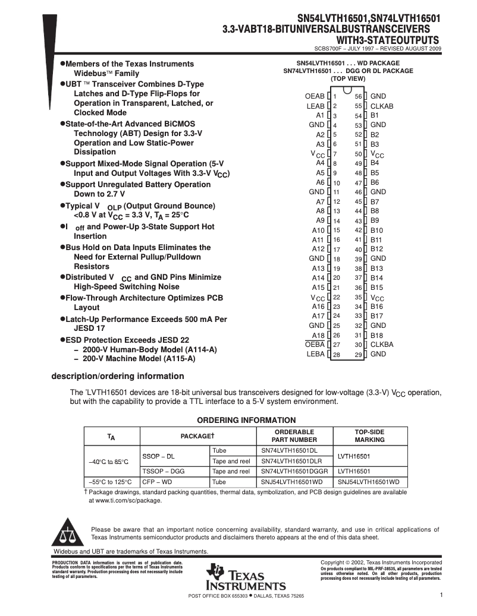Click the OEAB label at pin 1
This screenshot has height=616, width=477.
(x=315, y=96)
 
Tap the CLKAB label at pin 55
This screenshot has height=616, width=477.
(x=382, y=106)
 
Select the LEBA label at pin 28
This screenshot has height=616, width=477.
(x=316, y=354)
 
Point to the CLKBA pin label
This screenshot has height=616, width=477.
(x=382, y=345)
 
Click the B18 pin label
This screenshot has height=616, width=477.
(x=377, y=335)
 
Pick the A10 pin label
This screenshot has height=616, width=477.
(x=318, y=230)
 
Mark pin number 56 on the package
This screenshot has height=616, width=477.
(x=359, y=96)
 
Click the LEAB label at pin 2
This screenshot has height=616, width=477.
(x=315, y=106)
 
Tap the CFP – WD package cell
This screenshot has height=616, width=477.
(x=157, y=482)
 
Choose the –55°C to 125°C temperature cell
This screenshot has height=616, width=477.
(x=110, y=482)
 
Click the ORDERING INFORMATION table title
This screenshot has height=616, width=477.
(x=246, y=420)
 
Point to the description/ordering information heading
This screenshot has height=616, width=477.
(x=118, y=376)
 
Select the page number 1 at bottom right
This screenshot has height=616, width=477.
(x=441, y=595)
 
